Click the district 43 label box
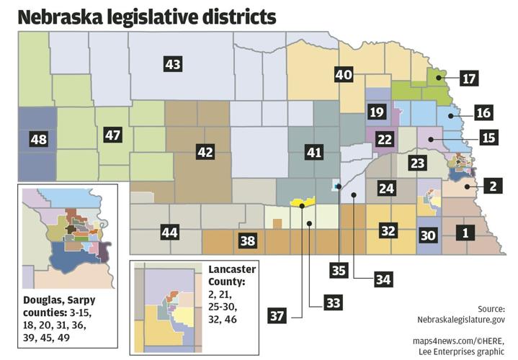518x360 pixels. (173, 65)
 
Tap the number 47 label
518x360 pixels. (112, 135)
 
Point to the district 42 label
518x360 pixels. (205, 151)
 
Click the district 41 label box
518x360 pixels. (314, 152)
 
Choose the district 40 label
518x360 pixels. (344, 74)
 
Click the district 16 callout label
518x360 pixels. (483, 112)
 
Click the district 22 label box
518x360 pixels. (385, 139)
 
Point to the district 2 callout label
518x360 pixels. (492, 186)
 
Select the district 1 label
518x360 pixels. (466, 233)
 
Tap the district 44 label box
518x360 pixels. (169, 233)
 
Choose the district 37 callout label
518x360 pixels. (280, 315)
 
